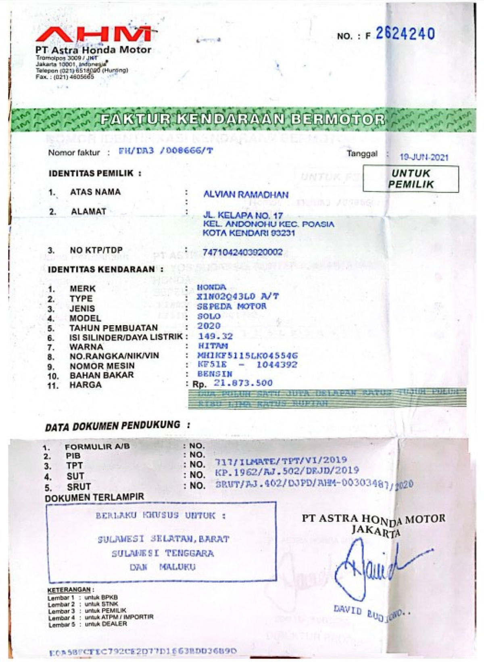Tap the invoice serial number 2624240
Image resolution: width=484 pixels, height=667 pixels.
pos(405,34)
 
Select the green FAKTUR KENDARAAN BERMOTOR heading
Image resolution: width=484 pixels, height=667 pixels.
pos(242,119)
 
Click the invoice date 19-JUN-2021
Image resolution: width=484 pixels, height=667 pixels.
pos(423,157)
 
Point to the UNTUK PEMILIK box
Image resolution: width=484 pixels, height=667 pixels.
pos(411,179)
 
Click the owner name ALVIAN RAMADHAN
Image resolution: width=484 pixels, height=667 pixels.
pos(246,194)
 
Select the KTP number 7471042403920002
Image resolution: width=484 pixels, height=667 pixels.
pos(242,252)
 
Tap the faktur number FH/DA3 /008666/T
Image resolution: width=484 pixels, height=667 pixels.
pos(165,151)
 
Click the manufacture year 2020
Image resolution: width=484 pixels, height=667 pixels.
pos(209,326)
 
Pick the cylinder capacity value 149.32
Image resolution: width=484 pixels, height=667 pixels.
pos(215,336)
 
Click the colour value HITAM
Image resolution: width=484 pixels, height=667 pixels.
pos(213,346)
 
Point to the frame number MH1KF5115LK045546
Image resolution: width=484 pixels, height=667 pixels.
pos(247,355)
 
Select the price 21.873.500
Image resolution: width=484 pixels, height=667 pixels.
pos(243,383)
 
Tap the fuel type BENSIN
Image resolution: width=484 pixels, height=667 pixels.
pos(215,374)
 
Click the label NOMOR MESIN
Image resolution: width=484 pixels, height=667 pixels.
pos(102,366)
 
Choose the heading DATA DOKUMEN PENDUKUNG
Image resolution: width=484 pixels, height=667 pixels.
pos(113,426)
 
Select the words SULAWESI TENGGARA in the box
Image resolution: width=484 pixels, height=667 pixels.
pos(163,553)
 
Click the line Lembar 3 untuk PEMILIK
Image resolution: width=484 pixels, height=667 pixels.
pos(87,611)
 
